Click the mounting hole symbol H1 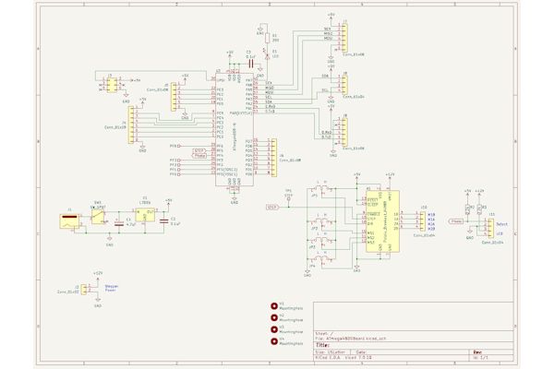point(274,305)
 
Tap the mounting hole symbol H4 point(274,341)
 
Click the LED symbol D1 point(267,54)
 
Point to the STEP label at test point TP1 point(272,208)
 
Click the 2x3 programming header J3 point(111,85)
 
